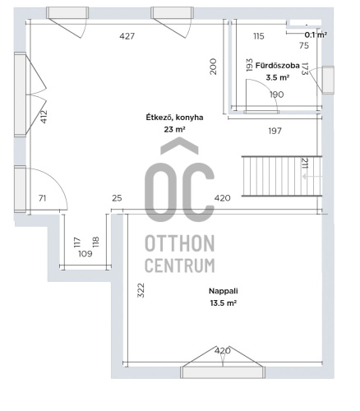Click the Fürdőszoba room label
[x=277, y=66]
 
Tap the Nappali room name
[x=224, y=291]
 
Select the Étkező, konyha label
[x=174, y=118]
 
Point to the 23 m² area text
[x=174, y=129]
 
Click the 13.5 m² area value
[x=224, y=303]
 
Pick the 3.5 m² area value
[x=278, y=77]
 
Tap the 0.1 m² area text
[x=316, y=35]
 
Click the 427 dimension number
[x=127, y=36]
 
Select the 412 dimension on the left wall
[x=44, y=117]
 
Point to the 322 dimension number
[x=141, y=290]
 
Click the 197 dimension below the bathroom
[x=275, y=131]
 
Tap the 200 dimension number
[x=213, y=67]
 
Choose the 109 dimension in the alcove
[x=85, y=254]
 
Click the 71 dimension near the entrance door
[x=42, y=198]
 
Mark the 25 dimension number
[x=117, y=198]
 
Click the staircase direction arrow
[x=312, y=177]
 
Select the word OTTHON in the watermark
[x=180, y=243]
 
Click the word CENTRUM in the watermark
[x=180, y=266]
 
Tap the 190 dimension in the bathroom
[x=276, y=95]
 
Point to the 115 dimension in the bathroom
[x=259, y=36]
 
